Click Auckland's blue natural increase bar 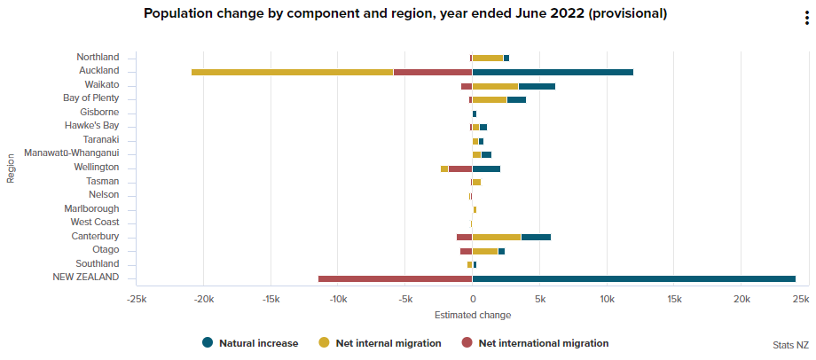(x=552, y=72)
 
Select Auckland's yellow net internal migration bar (x=292, y=72)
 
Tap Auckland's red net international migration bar (x=432, y=72)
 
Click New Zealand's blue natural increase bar (x=633, y=278)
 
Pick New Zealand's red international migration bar (x=395, y=278)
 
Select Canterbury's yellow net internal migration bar (x=497, y=238)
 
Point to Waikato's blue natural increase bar (x=537, y=86)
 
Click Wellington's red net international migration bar (x=460, y=168)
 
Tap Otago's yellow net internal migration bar (x=485, y=251)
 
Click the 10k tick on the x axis (x=607, y=300)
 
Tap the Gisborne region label (x=99, y=113)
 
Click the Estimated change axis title (x=473, y=315)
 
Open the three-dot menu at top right (x=805, y=20)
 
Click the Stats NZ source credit (x=790, y=344)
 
